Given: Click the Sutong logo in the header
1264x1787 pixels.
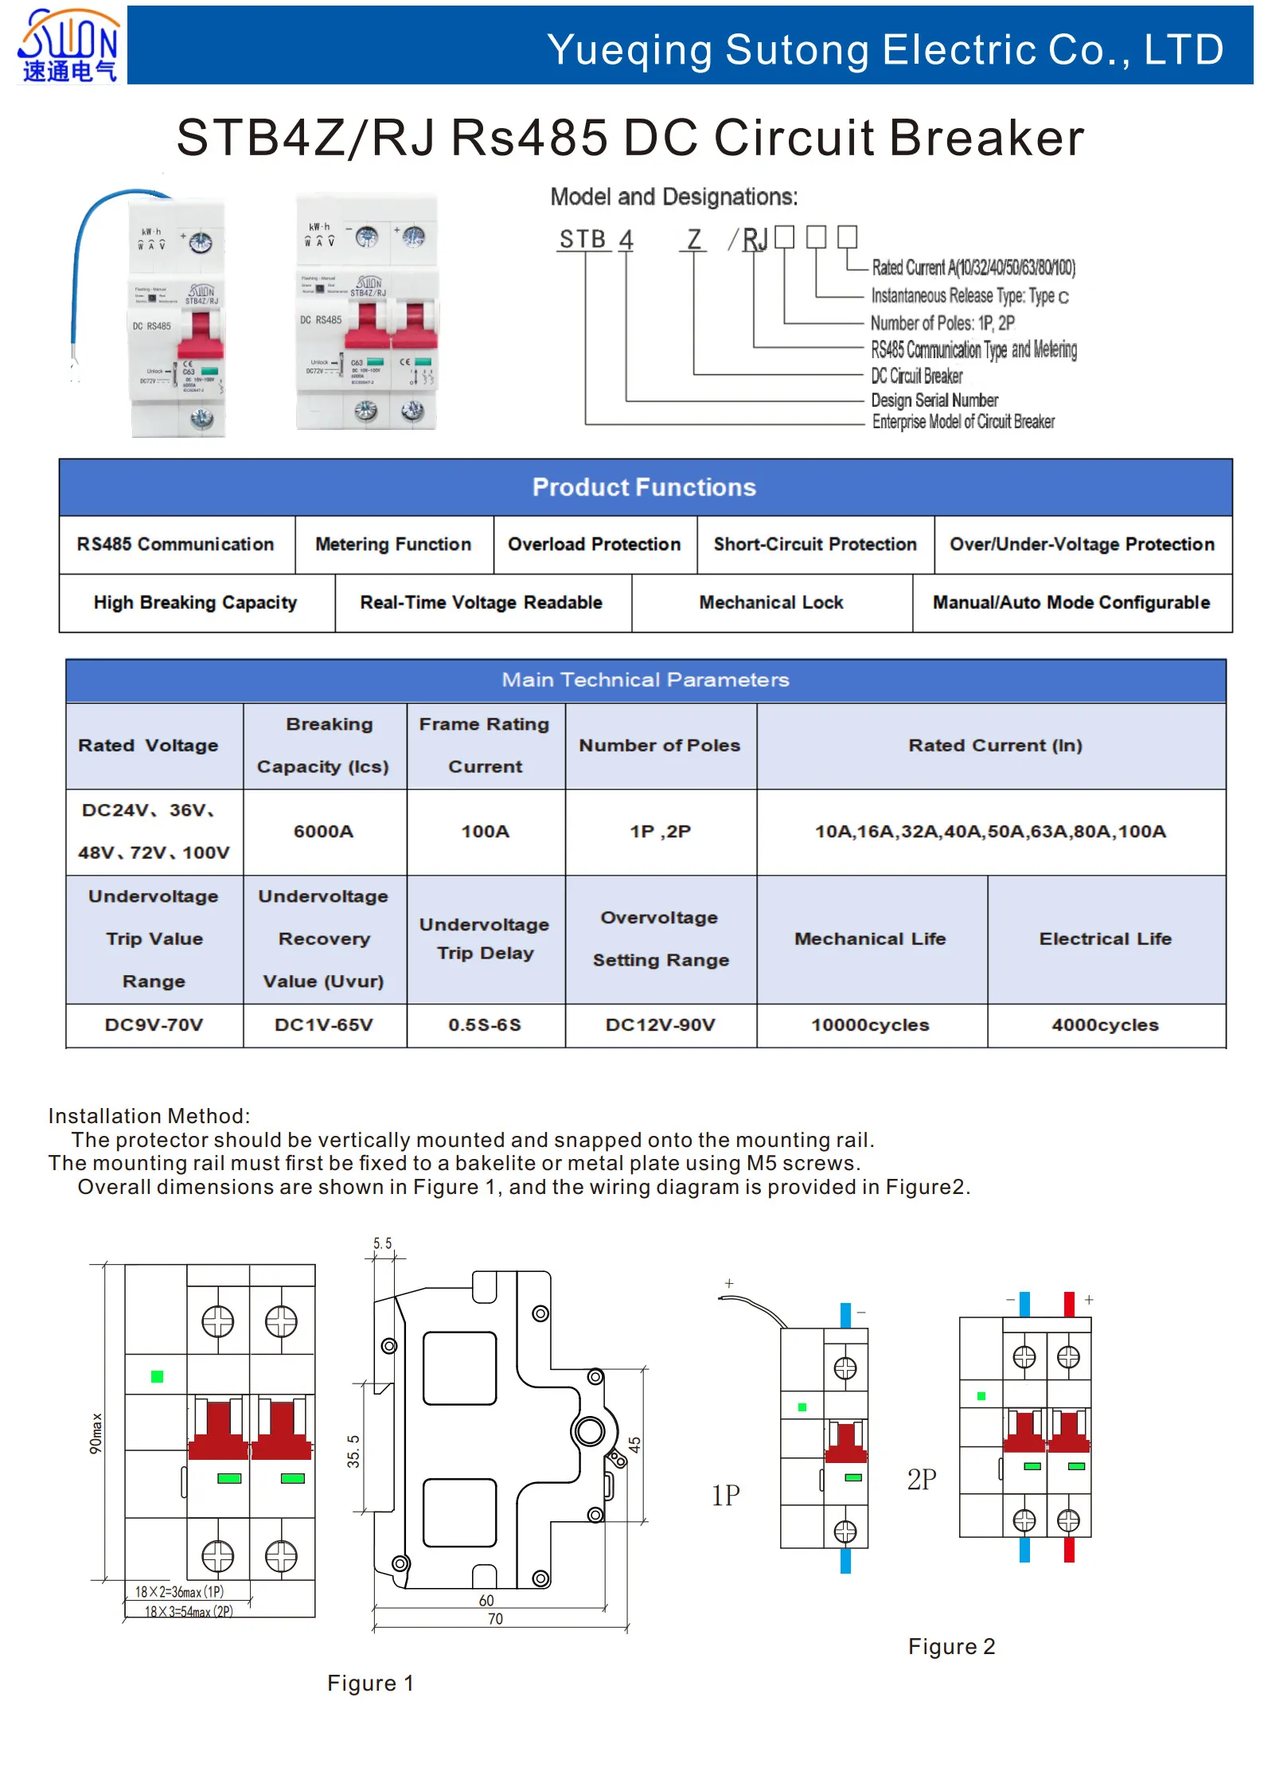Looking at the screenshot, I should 68,45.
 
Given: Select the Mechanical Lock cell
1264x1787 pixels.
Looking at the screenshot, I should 770,603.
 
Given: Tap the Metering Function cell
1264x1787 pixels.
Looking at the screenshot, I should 393,544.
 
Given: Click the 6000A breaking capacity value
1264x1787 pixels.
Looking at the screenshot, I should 323,831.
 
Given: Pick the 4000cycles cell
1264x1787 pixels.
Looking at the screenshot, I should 1105,1025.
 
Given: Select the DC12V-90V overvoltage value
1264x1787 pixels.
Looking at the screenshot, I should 660,1025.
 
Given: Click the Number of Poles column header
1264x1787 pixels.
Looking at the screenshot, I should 659,746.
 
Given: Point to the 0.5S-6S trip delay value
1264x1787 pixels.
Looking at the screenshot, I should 485,1025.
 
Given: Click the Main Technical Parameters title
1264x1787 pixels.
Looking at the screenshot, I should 645,680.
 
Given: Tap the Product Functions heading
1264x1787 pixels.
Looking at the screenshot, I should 644,487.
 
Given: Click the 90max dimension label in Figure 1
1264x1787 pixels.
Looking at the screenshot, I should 96,1433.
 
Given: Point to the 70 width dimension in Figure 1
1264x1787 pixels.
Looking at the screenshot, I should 495,1618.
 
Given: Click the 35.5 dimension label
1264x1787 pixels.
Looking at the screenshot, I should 353,1450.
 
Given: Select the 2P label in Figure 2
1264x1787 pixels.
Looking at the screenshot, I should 922,1479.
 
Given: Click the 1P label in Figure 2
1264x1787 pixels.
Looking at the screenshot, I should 725,1495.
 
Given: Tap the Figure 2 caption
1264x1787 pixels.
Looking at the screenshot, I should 951,1646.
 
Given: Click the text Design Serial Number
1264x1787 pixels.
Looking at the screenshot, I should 934,400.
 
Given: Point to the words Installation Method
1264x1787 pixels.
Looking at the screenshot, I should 149,1116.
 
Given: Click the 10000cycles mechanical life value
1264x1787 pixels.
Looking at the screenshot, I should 870,1025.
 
